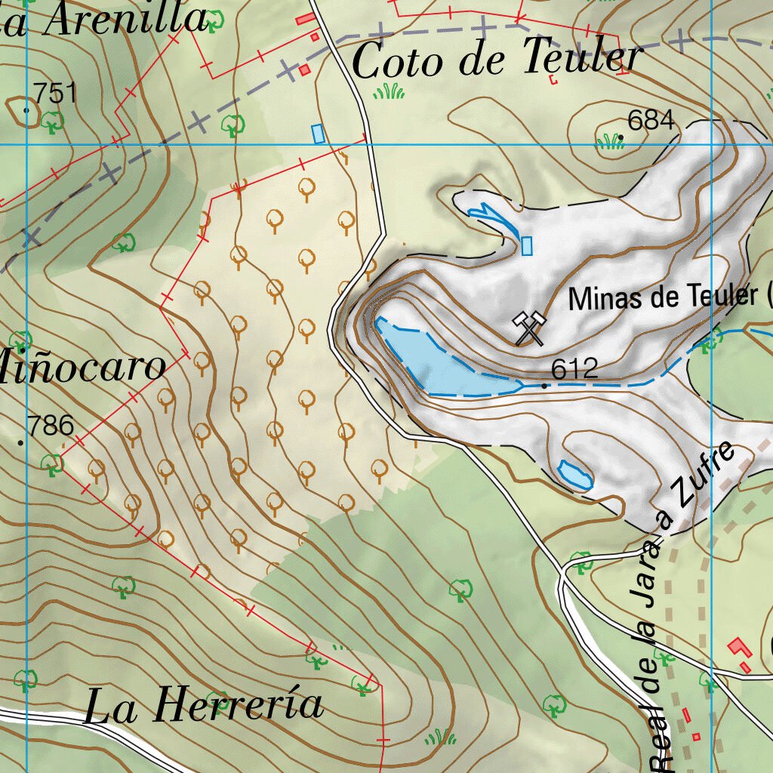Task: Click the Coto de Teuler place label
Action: pos(497,60)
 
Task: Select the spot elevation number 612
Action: pos(574,369)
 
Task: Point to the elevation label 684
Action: pos(651,121)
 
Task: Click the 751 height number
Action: pos(56,94)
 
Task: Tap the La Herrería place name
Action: pos(204,706)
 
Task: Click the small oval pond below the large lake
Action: pos(575,475)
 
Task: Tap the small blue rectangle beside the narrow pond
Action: pos(527,245)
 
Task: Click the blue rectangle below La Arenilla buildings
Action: pos(318,134)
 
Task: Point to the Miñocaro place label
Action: pos(83,367)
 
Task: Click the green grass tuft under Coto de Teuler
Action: pos(389,92)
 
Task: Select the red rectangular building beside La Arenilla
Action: pos(306,18)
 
